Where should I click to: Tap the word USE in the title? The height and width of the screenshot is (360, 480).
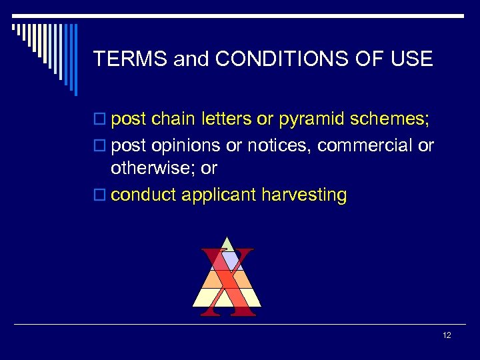click(411, 59)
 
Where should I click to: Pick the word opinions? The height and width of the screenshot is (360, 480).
click(187, 145)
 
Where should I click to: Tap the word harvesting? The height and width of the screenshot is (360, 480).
click(304, 195)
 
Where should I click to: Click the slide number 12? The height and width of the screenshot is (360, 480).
click(447, 335)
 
